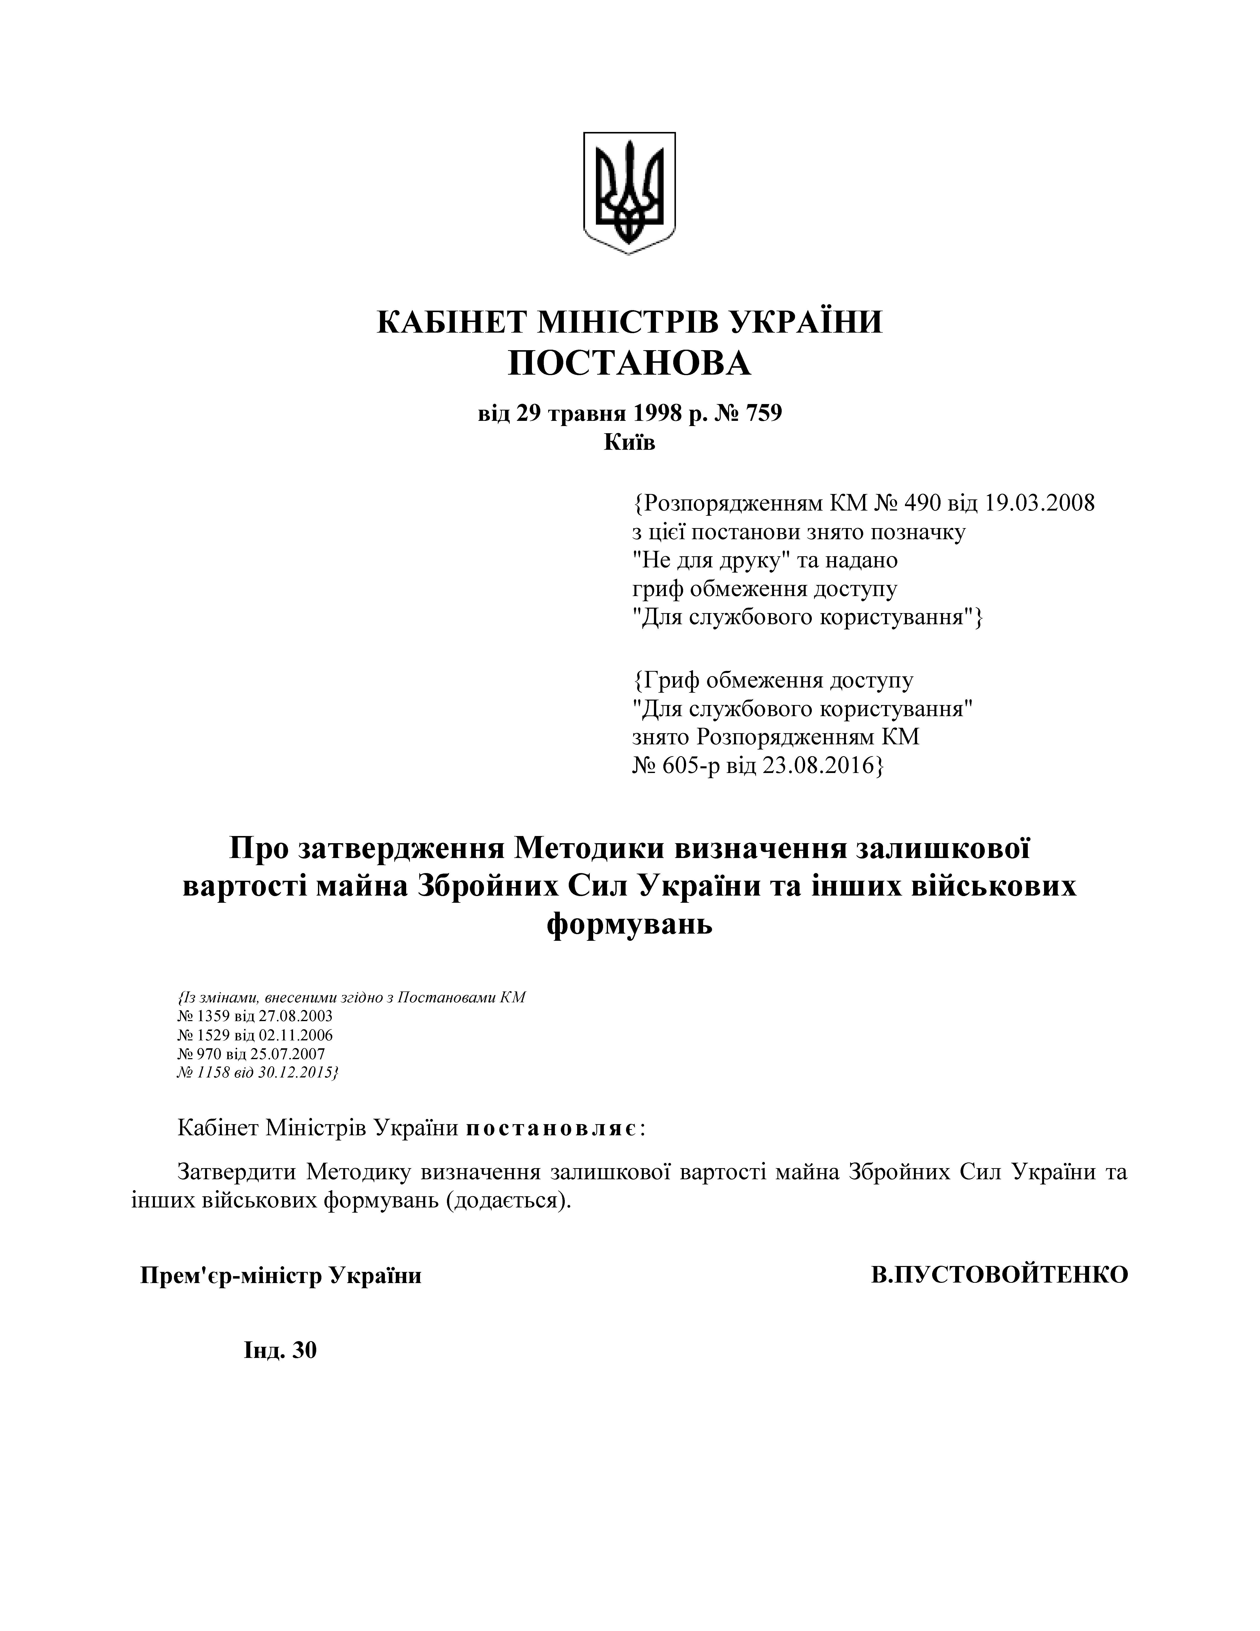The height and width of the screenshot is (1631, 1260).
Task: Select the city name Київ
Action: coord(629,443)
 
